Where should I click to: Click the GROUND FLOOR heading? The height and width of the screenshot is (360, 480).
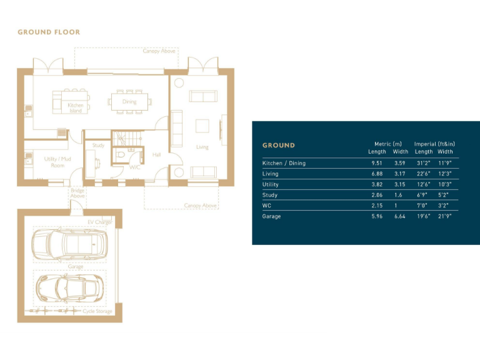(x=49, y=32)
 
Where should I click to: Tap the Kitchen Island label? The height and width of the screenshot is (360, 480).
(x=75, y=108)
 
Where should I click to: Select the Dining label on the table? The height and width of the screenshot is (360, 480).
(x=129, y=102)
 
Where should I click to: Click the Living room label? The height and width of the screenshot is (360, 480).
(x=202, y=147)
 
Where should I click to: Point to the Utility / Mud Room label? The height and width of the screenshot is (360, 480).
(x=57, y=162)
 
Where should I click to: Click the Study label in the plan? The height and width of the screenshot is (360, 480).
(x=98, y=146)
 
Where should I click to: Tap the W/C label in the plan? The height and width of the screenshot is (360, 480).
(x=134, y=167)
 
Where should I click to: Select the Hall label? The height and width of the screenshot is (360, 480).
(x=156, y=154)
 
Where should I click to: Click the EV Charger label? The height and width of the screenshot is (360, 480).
(x=99, y=222)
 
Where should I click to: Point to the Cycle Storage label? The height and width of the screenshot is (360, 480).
(x=97, y=311)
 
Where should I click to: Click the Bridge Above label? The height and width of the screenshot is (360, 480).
(x=77, y=193)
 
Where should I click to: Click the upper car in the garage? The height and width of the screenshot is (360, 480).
(x=70, y=242)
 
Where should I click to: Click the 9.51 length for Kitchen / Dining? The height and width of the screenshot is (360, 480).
(x=377, y=163)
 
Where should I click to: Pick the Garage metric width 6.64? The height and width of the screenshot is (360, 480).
(x=400, y=216)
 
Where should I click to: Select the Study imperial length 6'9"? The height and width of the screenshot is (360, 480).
(x=422, y=195)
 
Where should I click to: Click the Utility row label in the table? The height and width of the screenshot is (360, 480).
(x=271, y=184)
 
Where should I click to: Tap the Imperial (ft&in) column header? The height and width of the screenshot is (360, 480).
(x=436, y=144)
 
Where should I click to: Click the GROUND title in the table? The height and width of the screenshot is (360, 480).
(x=278, y=146)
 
